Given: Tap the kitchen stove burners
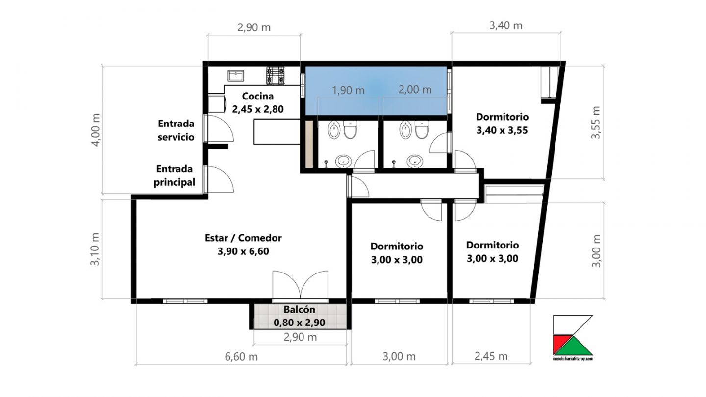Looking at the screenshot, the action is (x=276, y=75).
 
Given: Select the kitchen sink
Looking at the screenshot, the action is (x=236, y=76).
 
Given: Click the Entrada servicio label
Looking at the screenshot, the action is (x=176, y=130).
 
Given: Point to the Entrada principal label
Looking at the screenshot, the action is (x=175, y=175).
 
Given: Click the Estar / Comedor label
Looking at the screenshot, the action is (x=243, y=245).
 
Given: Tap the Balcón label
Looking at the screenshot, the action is (x=300, y=316).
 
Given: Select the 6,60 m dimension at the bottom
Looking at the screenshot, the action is (x=241, y=357).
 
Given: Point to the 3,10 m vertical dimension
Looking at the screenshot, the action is (x=95, y=249).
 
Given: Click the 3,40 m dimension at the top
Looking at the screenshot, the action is (x=505, y=25).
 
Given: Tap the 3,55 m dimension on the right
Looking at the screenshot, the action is (x=596, y=123).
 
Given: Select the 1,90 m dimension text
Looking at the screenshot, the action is (x=348, y=90).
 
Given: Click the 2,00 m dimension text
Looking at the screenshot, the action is (x=415, y=90).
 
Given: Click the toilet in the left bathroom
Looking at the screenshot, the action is (x=350, y=129).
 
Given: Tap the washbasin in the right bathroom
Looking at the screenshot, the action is (x=415, y=161).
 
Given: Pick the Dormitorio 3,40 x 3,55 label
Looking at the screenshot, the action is (x=502, y=123).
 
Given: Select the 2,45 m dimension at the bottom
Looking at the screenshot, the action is (x=491, y=356).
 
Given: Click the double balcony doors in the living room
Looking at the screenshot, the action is (x=301, y=285).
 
